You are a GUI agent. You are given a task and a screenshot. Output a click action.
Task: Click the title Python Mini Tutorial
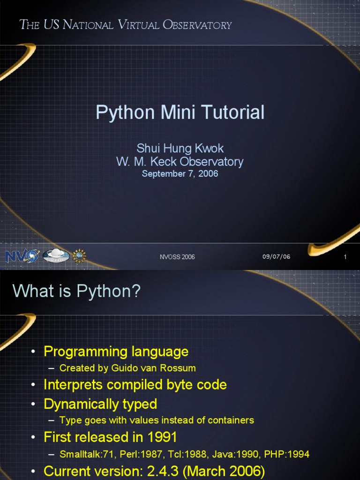[180, 112]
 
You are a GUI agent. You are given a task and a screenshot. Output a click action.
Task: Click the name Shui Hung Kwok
[180, 149]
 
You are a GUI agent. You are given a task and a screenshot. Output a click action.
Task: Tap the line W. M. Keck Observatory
[180, 162]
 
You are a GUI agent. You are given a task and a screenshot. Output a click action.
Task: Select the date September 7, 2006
[180, 174]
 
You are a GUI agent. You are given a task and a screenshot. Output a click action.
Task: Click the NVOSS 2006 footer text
[177, 257]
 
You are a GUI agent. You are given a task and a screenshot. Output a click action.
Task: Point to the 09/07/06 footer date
[276, 256]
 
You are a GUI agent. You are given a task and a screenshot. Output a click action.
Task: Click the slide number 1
[345, 257]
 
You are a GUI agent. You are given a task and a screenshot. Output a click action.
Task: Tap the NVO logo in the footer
[22, 255]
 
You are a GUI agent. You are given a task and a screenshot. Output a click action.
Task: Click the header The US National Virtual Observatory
[126, 25]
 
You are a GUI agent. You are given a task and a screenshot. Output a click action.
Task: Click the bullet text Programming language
[116, 351]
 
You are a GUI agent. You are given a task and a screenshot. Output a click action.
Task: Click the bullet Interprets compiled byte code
[135, 385]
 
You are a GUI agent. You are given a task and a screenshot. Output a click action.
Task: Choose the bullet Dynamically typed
[100, 404]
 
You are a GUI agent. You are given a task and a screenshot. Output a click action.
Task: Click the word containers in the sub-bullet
[232, 420]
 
